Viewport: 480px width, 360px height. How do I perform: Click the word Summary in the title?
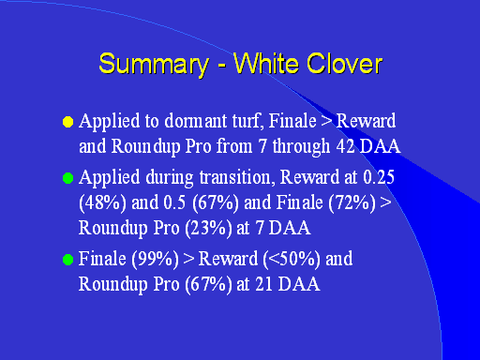pyautogui.click(x=154, y=65)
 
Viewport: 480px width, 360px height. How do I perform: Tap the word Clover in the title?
pyautogui.click(x=344, y=64)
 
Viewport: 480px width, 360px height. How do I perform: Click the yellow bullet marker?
pyautogui.click(x=67, y=122)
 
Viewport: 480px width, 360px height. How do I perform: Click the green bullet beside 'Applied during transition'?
pyautogui.click(x=67, y=178)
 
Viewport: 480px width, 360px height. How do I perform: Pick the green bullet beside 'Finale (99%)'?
pyautogui.click(x=67, y=260)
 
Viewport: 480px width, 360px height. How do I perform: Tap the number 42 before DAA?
pyautogui.click(x=345, y=146)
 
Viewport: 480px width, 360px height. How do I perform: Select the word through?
pyautogui.click(x=301, y=147)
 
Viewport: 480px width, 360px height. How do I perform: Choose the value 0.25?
pyautogui.click(x=379, y=177)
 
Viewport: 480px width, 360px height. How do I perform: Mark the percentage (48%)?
pyautogui.click(x=102, y=202)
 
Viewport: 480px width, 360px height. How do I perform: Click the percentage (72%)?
pyautogui.click(x=352, y=202)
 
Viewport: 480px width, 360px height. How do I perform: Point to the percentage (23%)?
pyautogui.click(x=208, y=228)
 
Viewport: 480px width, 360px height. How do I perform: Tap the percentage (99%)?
pyautogui.click(x=155, y=260)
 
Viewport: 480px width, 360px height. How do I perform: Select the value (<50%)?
pyautogui.click(x=292, y=260)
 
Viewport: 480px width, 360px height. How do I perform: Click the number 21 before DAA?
pyautogui.click(x=264, y=284)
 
